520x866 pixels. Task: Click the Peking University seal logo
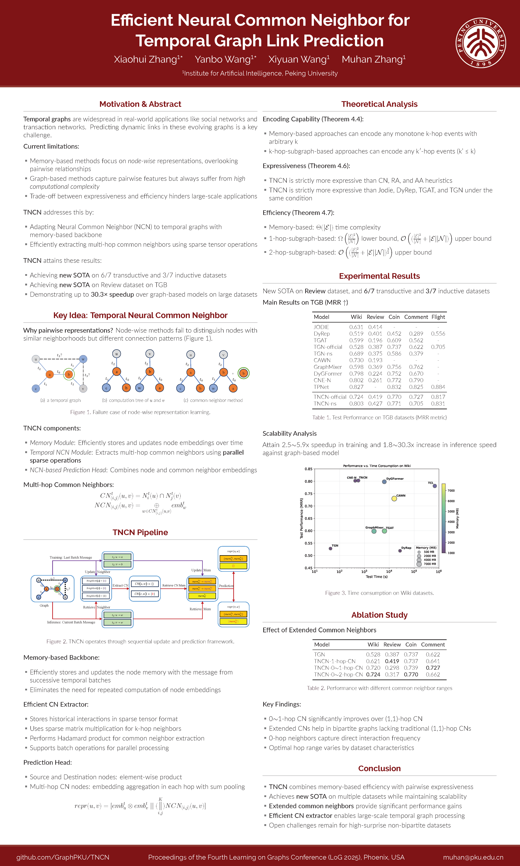(x=480, y=43)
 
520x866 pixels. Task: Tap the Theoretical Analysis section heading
(x=379, y=104)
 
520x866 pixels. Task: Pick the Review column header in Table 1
(x=375, y=317)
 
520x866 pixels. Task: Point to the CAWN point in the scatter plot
(x=394, y=499)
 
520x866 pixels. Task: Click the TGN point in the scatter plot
(x=330, y=548)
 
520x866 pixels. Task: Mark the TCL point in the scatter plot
(x=434, y=486)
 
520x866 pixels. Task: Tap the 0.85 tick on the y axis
(x=308, y=469)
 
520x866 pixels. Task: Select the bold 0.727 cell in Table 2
(x=433, y=668)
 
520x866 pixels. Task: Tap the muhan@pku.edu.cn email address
(x=473, y=857)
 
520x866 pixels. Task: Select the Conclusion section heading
(x=379, y=768)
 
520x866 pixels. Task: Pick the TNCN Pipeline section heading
(x=140, y=532)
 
